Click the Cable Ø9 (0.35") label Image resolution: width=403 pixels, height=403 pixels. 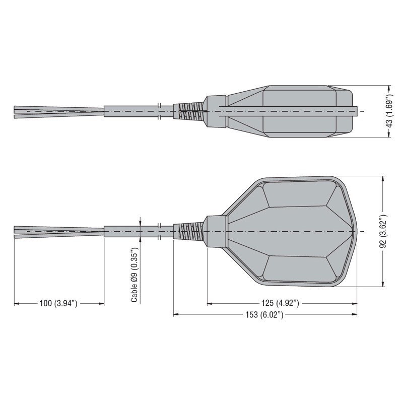click(135, 275)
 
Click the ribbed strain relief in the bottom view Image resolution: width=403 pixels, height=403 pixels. click(189, 232)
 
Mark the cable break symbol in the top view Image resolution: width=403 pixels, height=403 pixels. click(159, 111)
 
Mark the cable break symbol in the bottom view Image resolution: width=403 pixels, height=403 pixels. click(159, 232)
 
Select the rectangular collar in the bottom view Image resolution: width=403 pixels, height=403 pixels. click(217, 232)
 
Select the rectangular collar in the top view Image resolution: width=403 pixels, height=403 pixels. click(217, 111)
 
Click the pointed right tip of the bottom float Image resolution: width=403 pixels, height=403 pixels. click(356, 232)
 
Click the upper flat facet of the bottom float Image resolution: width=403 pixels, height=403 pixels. click(297, 194)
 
